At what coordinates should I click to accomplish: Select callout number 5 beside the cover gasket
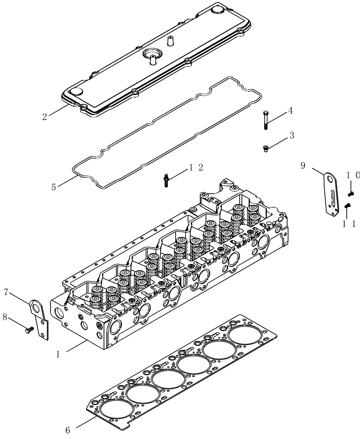coord(54,187)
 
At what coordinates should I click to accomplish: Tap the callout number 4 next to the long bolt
coord(290,112)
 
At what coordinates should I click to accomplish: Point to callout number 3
coord(292,137)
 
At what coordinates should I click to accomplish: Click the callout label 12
coord(196,167)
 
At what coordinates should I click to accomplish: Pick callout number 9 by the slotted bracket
coord(303,165)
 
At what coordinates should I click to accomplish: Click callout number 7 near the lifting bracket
coord(6,291)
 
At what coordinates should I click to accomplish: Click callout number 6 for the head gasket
coord(68,430)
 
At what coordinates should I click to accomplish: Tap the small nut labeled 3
coord(266,149)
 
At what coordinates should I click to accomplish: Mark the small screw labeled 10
coord(351,193)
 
